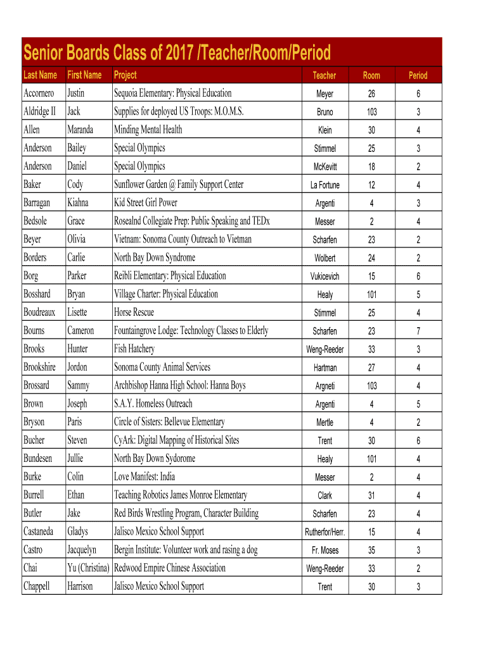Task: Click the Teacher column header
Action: (x=324, y=75)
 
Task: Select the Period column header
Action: (x=418, y=75)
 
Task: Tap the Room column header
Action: (x=371, y=75)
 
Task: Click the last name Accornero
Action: (x=39, y=93)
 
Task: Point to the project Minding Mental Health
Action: (x=148, y=130)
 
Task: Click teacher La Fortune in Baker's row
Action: (x=324, y=185)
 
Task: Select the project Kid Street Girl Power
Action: (x=145, y=203)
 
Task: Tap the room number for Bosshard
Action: (x=371, y=295)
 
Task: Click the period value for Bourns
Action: (x=418, y=331)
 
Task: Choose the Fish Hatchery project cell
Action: (x=134, y=349)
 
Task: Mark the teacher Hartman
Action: (x=324, y=368)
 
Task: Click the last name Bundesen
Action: (x=38, y=459)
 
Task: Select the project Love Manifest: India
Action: (x=144, y=477)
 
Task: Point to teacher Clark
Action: (x=324, y=495)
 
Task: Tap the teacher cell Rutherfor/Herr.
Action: (x=324, y=532)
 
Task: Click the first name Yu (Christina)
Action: (x=88, y=568)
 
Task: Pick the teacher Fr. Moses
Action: (x=324, y=551)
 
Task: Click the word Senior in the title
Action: (x=44, y=52)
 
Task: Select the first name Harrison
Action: (x=80, y=587)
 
